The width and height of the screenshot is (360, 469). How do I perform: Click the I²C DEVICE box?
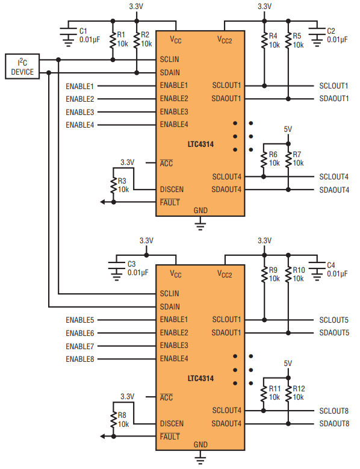coord(22,66)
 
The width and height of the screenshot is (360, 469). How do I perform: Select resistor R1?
coord(113,40)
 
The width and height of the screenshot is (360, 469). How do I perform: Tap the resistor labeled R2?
coord(137,40)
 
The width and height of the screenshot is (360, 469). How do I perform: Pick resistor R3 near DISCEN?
coord(114,185)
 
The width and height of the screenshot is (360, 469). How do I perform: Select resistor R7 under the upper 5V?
coord(288,160)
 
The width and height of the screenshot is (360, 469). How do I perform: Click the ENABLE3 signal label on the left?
coord(80,112)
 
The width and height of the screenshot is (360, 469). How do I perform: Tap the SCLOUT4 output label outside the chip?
coord(334,177)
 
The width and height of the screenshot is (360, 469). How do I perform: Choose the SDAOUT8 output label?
coord(334,423)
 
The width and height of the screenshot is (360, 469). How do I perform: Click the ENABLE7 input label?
coord(80,346)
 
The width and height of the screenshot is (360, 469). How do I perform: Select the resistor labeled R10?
coord(288,275)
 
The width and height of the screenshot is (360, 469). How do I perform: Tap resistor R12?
coord(288,394)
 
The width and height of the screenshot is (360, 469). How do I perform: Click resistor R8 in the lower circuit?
coord(114,420)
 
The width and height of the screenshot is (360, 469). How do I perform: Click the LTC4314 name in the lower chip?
coord(200,378)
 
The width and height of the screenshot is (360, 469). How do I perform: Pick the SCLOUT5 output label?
coord(334,320)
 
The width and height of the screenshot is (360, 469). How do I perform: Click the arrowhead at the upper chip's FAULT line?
coord(102,202)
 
